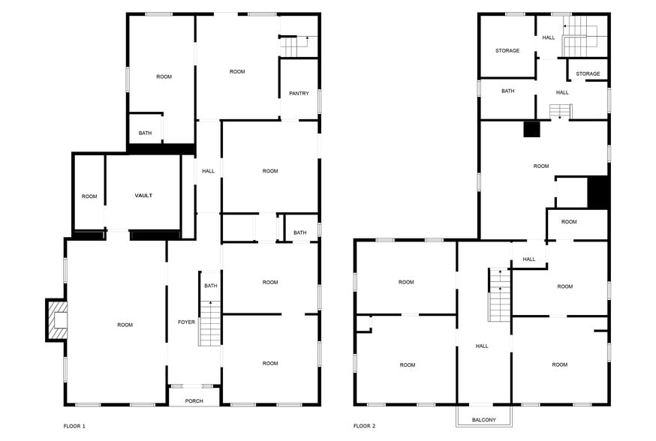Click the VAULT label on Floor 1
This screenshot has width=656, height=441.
[143, 195]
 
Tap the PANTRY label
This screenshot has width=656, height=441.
[299, 93]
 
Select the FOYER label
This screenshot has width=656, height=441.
[186, 322]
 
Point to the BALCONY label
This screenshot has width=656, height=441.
[483, 419]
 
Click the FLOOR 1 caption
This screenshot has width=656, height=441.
[74, 426]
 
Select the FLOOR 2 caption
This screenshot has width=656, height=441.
[364, 426]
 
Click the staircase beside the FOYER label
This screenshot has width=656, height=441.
[210, 322]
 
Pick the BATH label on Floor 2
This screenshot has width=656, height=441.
[508, 91]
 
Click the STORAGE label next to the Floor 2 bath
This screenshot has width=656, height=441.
[507, 51]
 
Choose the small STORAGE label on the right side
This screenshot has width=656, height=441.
[588, 73]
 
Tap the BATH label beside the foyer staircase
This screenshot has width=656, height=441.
[211, 286]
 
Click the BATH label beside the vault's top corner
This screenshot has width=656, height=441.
[145, 133]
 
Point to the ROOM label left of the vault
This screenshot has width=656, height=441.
[89, 196]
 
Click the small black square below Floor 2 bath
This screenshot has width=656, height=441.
[531, 129]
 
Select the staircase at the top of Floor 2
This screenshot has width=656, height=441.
[579, 40]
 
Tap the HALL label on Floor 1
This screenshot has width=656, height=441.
[208, 171]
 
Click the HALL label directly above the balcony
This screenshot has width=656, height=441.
[482, 346]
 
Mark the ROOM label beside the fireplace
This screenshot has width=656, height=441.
[125, 325]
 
